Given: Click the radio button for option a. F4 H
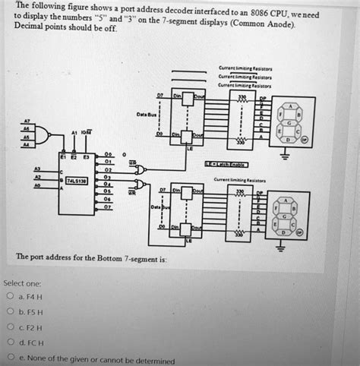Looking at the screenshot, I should pos(10,297).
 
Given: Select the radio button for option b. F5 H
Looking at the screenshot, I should pos(10,312).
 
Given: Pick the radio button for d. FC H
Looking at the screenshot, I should pos(10,343).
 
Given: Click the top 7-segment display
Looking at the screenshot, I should pos(291,121).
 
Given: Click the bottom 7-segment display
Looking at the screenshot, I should pos(291,216).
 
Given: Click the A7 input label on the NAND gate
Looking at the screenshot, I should pos(29,121).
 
